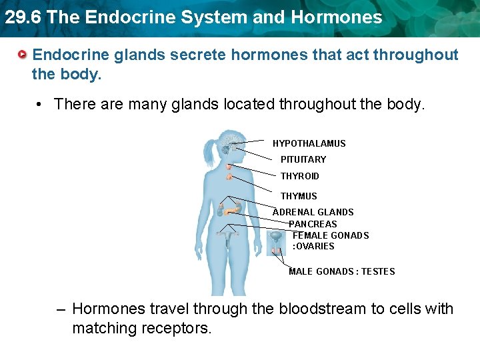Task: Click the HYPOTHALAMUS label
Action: (309, 143)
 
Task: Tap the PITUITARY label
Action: (303, 159)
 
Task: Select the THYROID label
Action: (299, 176)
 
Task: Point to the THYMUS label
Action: (299, 196)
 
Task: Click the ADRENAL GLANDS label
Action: (313, 212)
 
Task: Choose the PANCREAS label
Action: (313, 224)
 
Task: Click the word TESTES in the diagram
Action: (378, 271)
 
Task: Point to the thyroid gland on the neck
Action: (229, 177)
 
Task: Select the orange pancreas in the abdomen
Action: (231, 211)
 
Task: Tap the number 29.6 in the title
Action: (23, 17)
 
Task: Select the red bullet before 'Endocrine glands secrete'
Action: (23, 53)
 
